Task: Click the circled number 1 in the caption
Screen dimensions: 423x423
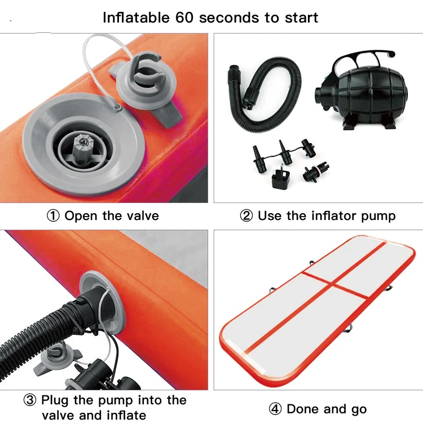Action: [54, 215]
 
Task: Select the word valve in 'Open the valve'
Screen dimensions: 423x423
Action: [142, 215]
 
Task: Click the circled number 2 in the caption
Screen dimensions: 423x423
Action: [246, 215]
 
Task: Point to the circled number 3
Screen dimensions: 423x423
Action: [30, 400]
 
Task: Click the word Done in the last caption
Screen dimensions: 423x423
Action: [302, 409]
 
